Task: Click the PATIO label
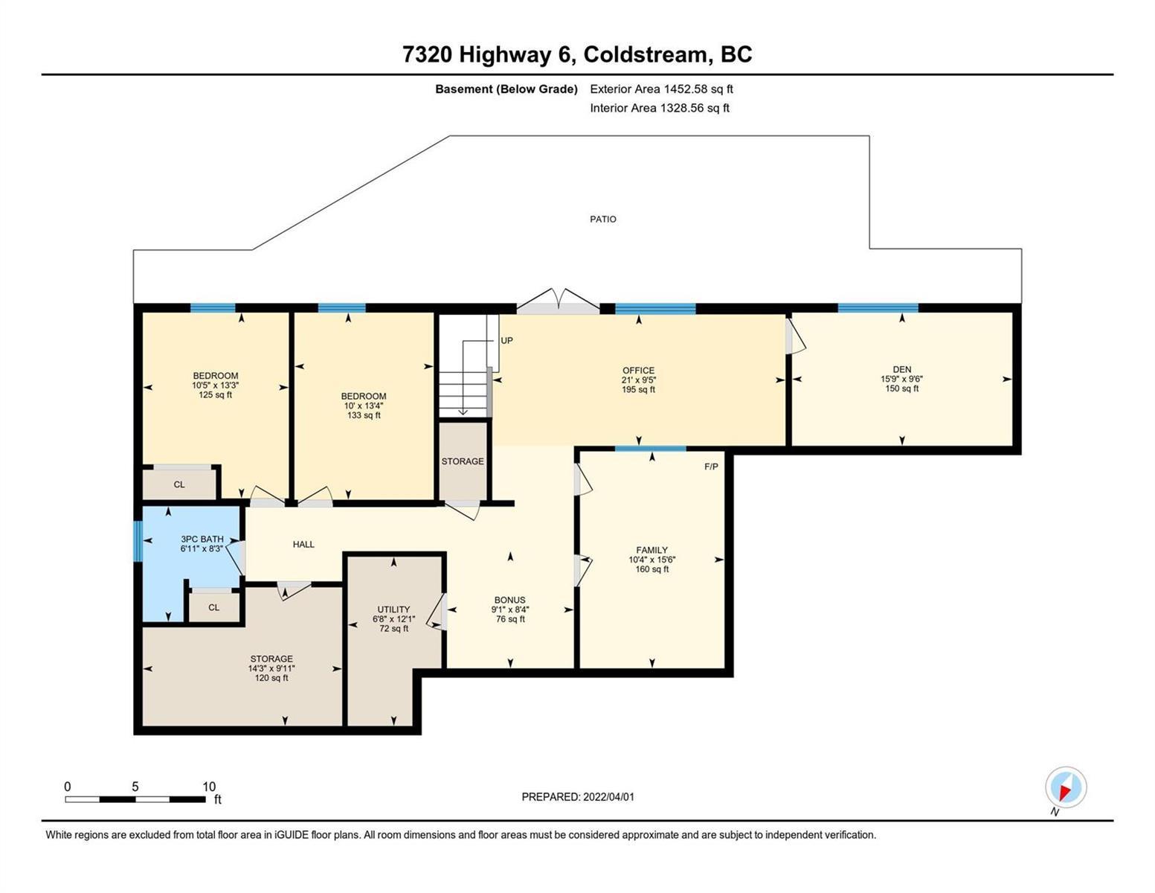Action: (602, 219)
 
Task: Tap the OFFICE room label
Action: (638, 370)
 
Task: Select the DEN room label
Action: (901, 369)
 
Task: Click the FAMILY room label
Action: (652, 550)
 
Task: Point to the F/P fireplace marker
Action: (711, 467)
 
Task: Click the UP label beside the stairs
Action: (506, 340)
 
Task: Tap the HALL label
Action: (303, 544)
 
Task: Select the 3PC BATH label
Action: (202, 539)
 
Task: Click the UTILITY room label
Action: (393, 609)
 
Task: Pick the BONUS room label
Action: (509, 600)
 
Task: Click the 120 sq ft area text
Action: (271, 678)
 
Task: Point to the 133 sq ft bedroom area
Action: (364, 415)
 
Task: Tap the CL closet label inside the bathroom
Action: (213, 607)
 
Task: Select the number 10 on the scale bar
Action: (209, 787)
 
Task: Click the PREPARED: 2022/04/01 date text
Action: (578, 797)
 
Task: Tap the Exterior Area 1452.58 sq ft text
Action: (661, 89)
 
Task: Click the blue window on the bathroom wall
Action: (138, 541)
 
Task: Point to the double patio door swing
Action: (558, 301)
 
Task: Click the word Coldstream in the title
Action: (648, 55)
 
